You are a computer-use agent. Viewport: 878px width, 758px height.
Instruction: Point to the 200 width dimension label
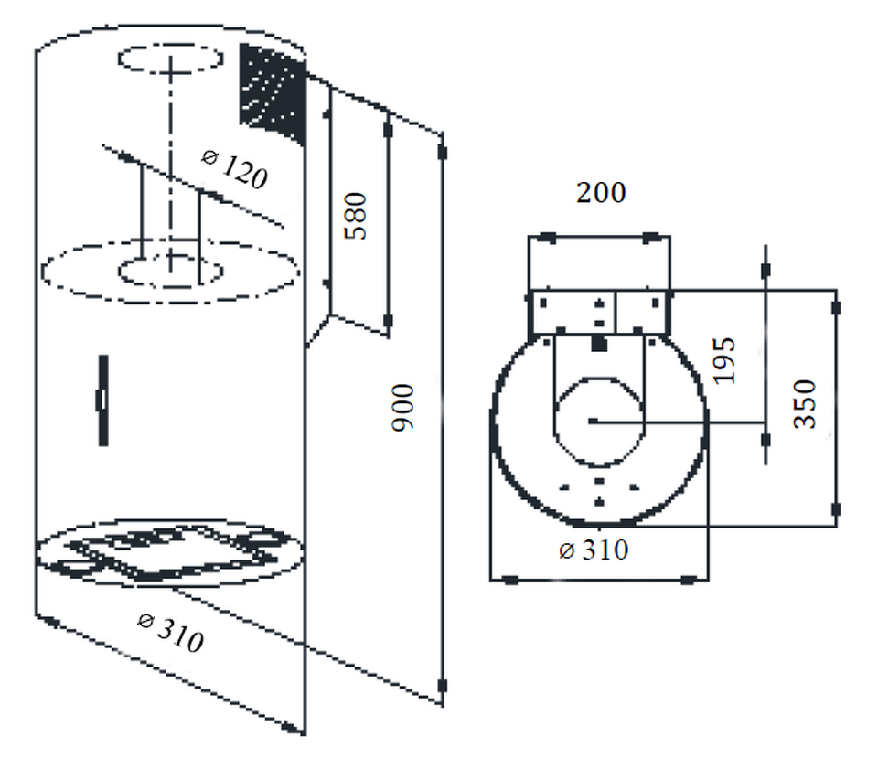pyautogui.click(x=601, y=193)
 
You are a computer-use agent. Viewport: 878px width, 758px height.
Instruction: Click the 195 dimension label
pyautogui.click(x=724, y=360)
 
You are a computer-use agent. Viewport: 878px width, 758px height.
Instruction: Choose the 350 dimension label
pyautogui.click(x=804, y=404)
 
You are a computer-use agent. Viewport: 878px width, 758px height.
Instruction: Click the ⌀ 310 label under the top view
pyautogui.click(x=593, y=550)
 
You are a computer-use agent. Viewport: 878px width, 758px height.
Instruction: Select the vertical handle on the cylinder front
pyautogui.click(x=103, y=400)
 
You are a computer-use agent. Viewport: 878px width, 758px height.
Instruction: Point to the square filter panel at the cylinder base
pyautogui.click(x=171, y=554)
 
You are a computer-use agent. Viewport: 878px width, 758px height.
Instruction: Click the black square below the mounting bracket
pyautogui.click(x=598, y=344)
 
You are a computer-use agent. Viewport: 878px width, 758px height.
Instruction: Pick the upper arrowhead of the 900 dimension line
pyautogui.click(x=443, y=146)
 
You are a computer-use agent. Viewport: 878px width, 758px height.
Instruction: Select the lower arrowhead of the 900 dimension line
pyautogui.click(x=443, y=686)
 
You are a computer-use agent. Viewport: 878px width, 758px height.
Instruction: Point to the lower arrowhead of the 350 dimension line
pyautogui.click(x=836, y=509)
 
